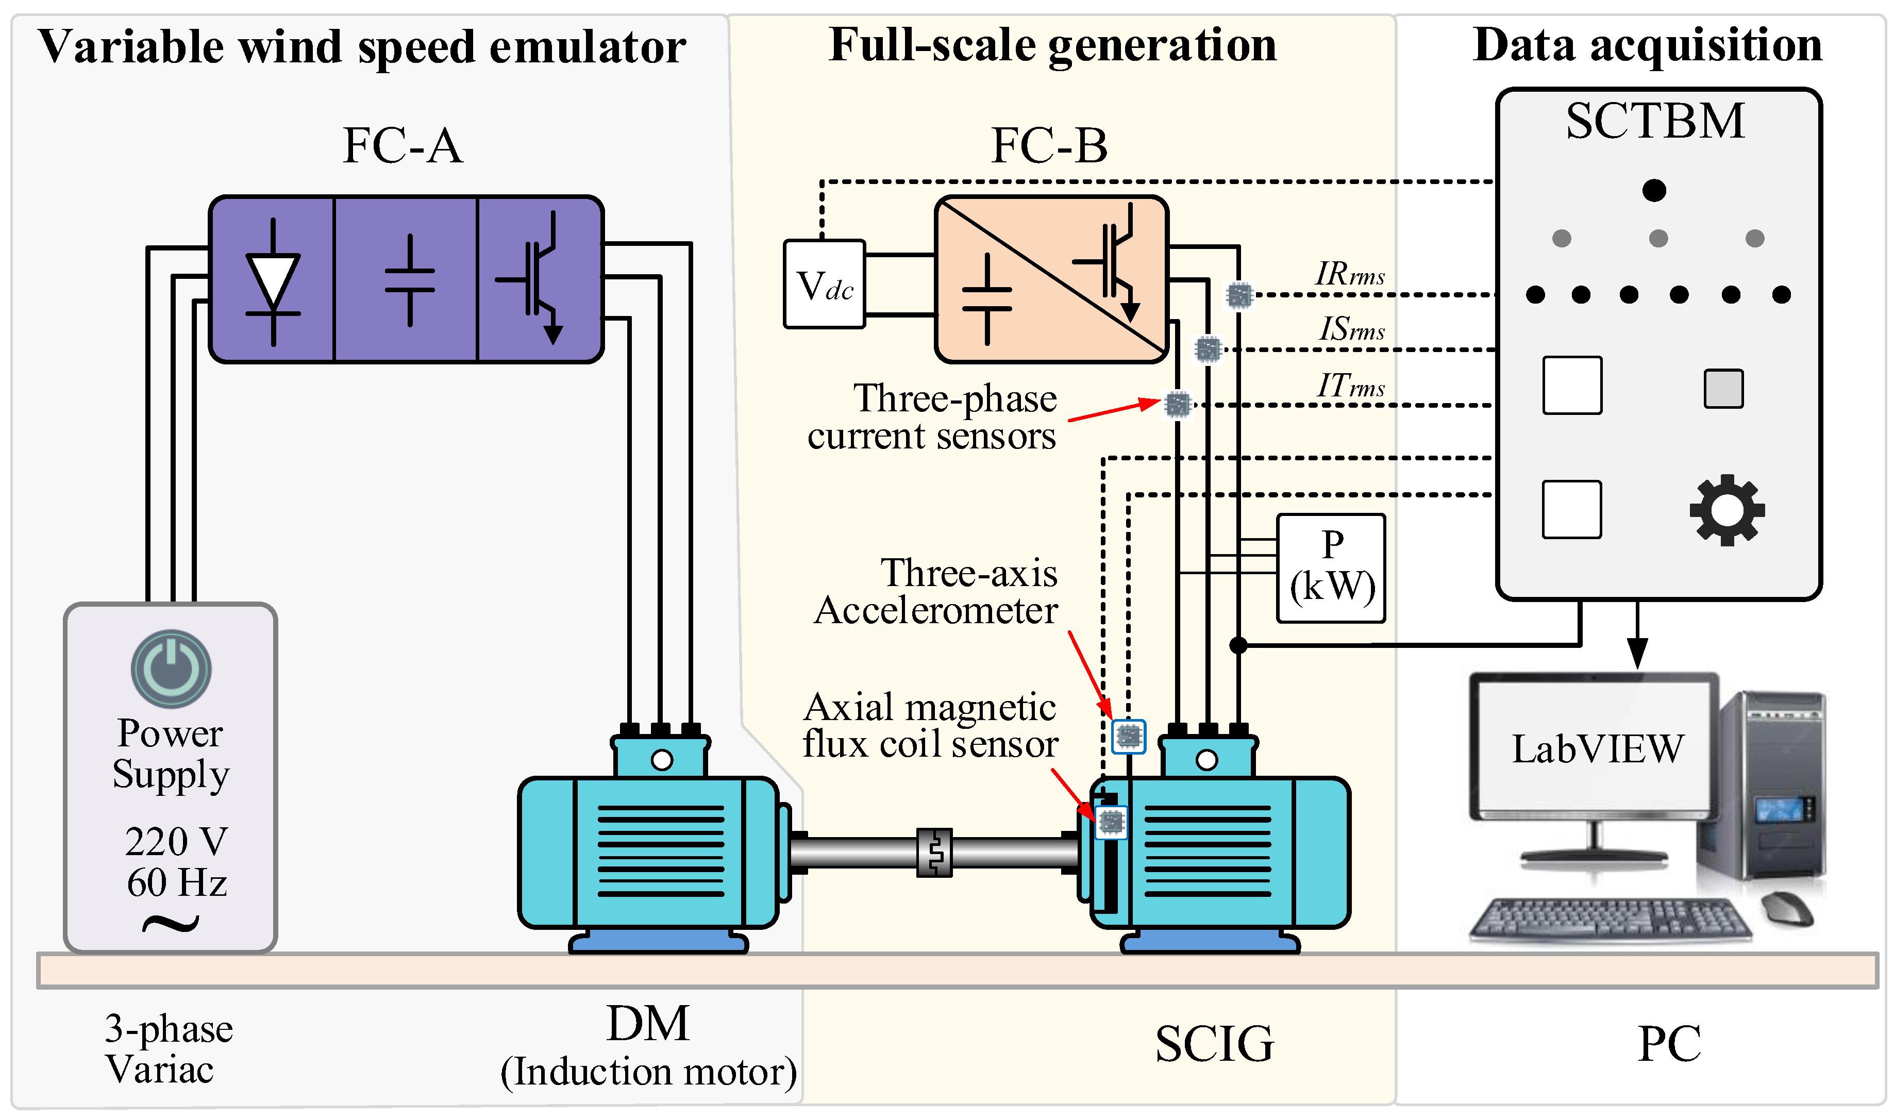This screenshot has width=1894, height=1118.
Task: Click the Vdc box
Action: (824, 284)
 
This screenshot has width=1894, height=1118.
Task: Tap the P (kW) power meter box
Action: (1331, 568)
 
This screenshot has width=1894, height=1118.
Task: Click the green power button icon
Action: (171, 668)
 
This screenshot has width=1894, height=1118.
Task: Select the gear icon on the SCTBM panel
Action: (1727, 510)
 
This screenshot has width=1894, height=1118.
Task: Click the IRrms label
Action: (1350, 274)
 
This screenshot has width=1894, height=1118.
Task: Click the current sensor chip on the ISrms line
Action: (1207, 349)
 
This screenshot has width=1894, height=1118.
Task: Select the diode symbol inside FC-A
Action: (273, 281)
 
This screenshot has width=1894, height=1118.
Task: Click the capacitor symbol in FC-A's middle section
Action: (410, 280)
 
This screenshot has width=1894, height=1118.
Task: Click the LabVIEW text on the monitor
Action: (1597, 749)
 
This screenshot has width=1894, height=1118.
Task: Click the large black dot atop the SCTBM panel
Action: (1654, 190)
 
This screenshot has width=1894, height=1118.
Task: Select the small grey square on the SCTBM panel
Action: (1723, 389)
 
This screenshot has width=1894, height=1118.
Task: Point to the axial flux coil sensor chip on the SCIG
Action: (1110, 821)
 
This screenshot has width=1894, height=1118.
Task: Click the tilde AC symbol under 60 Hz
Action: (171, 923)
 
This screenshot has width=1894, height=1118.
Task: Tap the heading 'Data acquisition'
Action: (1647, 45)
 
